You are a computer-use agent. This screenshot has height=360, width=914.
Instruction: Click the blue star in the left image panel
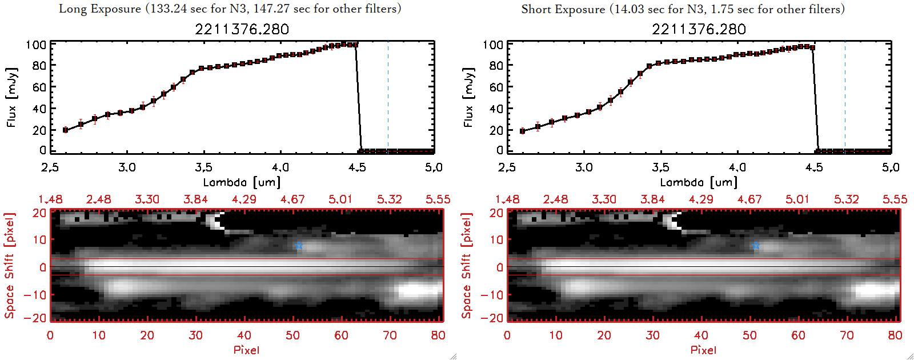[299, 246]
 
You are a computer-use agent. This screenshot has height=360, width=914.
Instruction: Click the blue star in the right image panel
[756, 246]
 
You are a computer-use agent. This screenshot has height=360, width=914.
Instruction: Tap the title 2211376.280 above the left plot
[242, 29]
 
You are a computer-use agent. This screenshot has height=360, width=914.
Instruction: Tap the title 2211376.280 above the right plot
[699, 29]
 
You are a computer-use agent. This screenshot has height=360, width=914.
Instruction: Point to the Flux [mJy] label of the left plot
[12, 97]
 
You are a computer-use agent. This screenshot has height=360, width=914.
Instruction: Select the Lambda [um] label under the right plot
[699, 182]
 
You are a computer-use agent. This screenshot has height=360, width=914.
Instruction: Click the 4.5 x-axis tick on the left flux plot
[357, 167]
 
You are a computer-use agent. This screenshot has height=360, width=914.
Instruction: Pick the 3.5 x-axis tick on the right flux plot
[660, 167]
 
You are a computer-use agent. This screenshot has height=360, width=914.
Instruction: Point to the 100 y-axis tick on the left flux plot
[36, 45]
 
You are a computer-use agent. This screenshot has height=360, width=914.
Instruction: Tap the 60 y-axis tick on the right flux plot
[496, 87]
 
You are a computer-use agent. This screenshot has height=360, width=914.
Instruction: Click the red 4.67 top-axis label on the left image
[292, 199]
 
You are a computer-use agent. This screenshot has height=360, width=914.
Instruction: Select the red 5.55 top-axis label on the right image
[895, 199]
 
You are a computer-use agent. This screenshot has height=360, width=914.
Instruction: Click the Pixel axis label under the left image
[246, 350]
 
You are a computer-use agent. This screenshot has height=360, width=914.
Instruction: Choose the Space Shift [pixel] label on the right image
[467, 266]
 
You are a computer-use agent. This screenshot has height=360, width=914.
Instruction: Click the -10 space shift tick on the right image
[491, 294]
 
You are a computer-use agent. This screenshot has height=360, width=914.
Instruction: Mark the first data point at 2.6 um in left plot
[65, 130]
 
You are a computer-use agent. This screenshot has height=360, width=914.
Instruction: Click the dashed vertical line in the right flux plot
[845, 97]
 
